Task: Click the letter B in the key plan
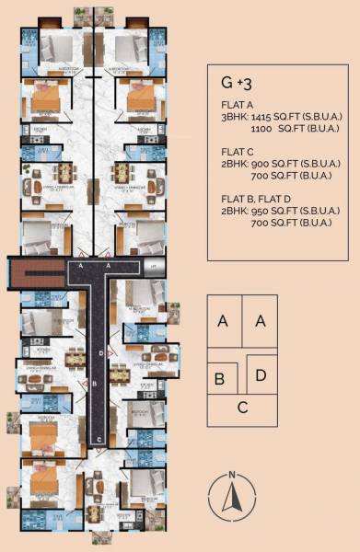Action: (220, 379)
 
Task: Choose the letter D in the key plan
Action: (261, 375)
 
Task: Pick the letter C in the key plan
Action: (241, 408)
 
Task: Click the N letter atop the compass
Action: (233, 476)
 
